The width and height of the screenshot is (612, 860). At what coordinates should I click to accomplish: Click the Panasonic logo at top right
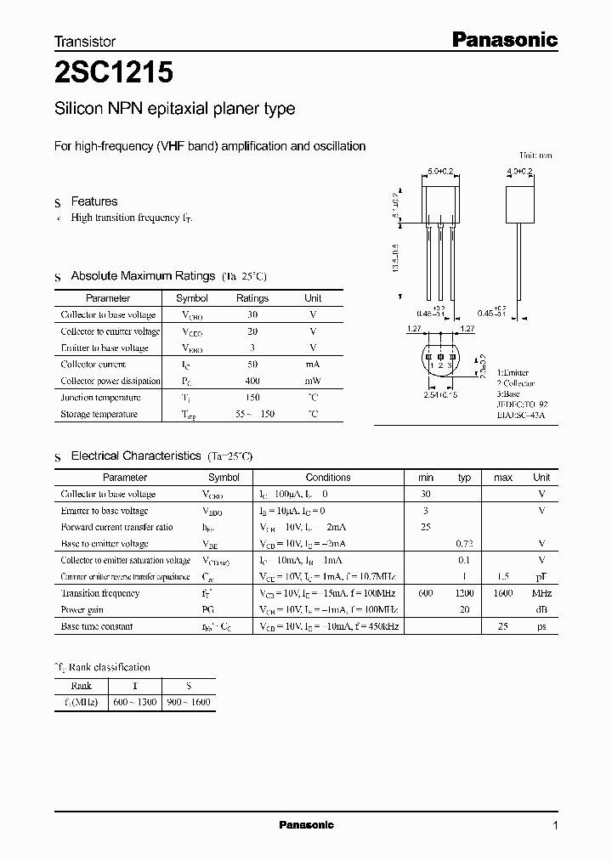[x=503, y=39]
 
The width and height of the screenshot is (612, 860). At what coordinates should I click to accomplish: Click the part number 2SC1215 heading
[x=114, y=75]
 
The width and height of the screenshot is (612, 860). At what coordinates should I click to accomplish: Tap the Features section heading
[x=93, y=201]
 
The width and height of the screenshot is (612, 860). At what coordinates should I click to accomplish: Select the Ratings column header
[x=252, y=298]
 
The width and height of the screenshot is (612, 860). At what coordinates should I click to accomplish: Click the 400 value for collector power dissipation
[x=252, y=381]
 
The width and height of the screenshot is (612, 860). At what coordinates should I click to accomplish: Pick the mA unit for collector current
[x=313, y=364]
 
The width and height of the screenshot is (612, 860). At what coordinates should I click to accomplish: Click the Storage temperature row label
[x=99, y=414]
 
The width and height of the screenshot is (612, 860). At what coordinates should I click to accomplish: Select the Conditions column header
[x=328, y=478]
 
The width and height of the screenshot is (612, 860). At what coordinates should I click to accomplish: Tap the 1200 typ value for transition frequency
[x=464, y=593]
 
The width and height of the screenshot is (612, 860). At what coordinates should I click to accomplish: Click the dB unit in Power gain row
[x=541, y=609]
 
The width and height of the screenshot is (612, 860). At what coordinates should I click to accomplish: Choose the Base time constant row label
[x=96, y=626]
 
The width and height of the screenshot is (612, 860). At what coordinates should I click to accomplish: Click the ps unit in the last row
[x=541, y=626]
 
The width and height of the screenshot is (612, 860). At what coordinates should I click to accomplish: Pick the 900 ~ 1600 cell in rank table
[x=189, y=702]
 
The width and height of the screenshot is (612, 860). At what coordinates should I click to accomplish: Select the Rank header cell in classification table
[x=82, y=686]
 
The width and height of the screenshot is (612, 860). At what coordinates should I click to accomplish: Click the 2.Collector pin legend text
[x=515, y=382]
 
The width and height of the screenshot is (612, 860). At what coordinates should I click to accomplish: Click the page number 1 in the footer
[x=555, y=825]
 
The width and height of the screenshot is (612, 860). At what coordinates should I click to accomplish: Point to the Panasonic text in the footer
[x=306, y=825]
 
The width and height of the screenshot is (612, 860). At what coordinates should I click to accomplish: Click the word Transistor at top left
[x=85, y=41]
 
